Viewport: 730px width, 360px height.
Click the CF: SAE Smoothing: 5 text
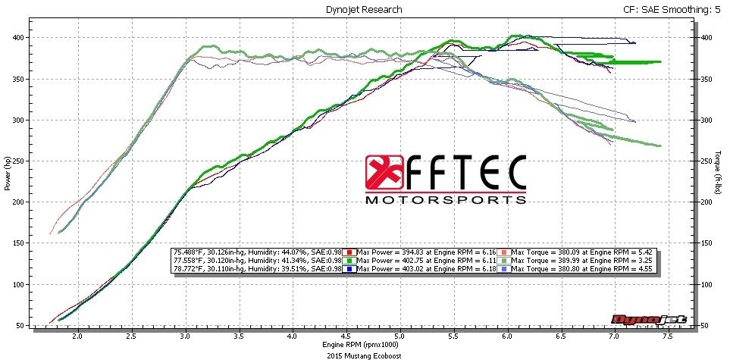pos(668,9)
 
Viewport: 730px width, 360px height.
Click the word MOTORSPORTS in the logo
pos(446,200)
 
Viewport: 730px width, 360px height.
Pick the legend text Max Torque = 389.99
pos(553,260)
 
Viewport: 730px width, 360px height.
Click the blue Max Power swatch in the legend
pos(349,269)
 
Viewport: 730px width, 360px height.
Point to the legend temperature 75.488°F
pos(190,252)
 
